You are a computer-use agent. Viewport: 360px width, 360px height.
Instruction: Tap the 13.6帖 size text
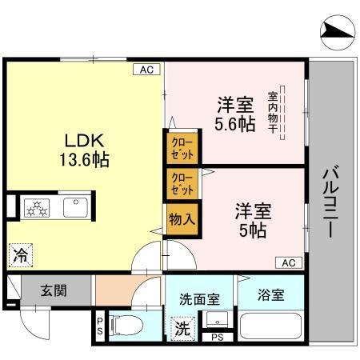click(x=82, y=158)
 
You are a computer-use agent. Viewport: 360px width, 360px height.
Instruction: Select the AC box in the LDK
click(x=146, y=70)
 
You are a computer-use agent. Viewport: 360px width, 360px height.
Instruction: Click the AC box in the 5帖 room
click(x=289, y=262)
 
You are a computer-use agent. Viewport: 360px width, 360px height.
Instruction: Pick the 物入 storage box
click(x=181, y=217)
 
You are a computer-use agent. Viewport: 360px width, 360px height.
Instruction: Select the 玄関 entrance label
click(x=55, y=290)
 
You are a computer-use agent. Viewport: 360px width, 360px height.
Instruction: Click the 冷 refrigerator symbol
click(x=19, y=256)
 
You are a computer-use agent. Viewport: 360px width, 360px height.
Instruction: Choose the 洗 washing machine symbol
click(x=182, y=328)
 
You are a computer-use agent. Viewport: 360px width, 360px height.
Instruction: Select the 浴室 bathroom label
click(x=270, y=294)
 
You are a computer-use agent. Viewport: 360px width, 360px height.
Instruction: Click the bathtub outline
click(x=270, y=328)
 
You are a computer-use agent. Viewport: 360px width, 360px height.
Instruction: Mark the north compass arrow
click(x=337, y=31)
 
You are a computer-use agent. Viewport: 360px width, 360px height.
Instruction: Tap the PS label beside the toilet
click(x=100, y=326)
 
